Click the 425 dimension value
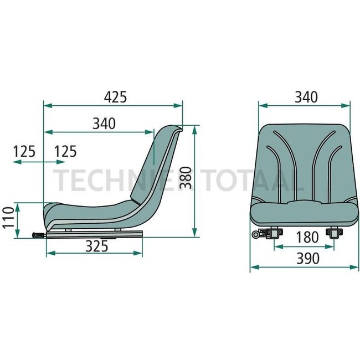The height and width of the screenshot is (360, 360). (116, 96)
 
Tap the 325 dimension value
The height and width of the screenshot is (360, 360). (97, 247)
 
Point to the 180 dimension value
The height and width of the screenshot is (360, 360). (307, 237)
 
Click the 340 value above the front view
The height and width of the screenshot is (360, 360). (306, 97)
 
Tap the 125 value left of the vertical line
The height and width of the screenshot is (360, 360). (24, 151)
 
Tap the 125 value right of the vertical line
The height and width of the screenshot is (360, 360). (65, 151)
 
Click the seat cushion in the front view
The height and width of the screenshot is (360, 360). (302, 213)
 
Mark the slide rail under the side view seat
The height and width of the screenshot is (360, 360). (94, 234)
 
